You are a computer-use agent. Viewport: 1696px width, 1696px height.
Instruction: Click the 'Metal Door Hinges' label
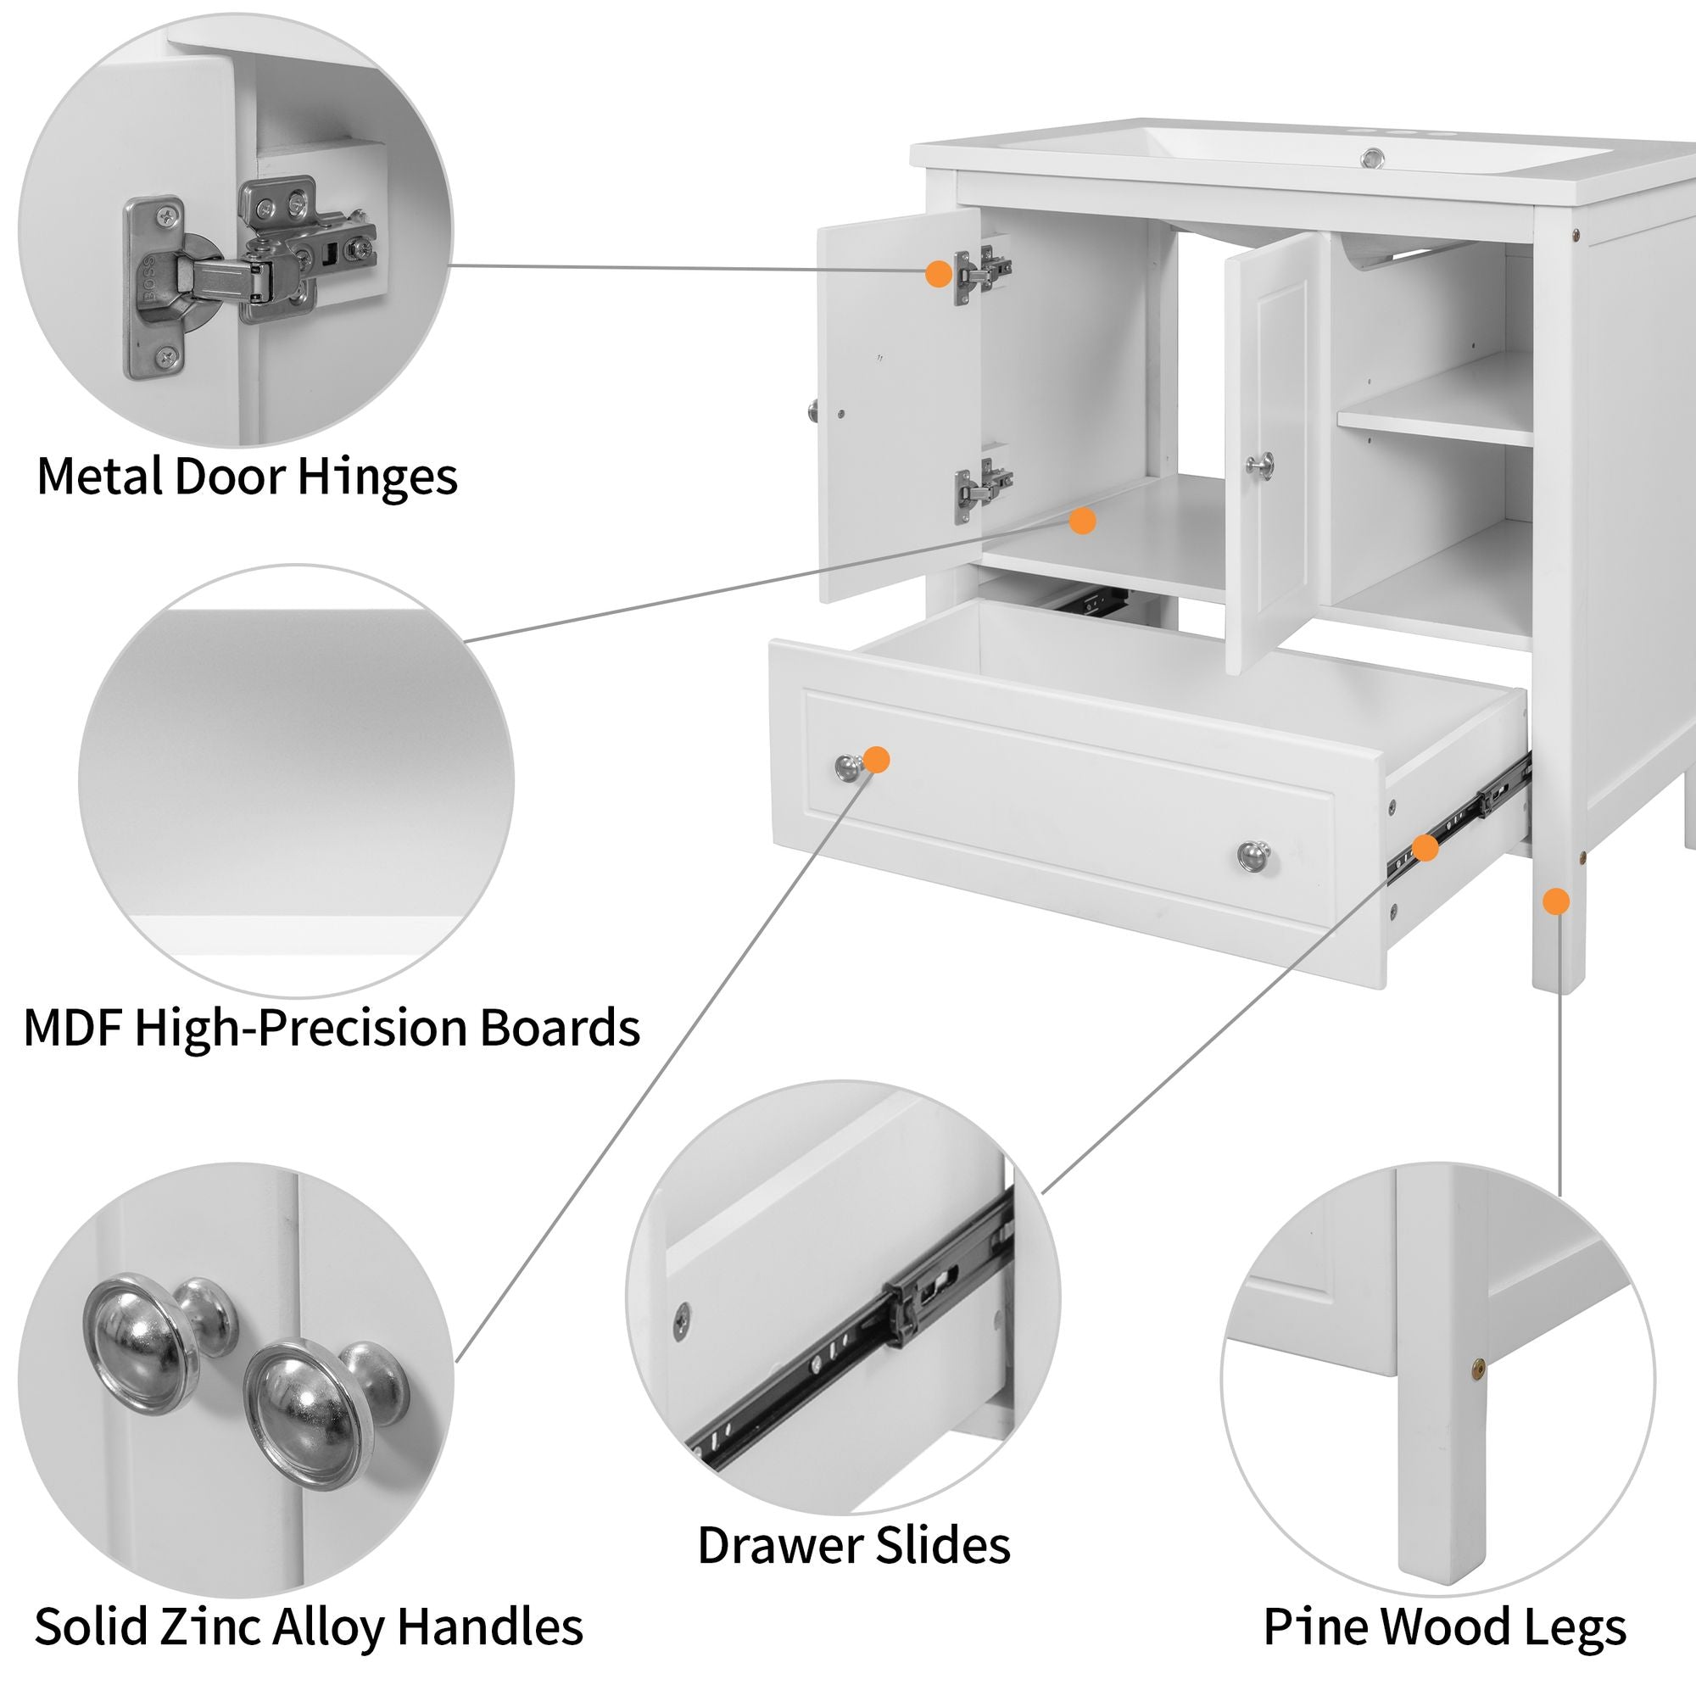click(247, 477)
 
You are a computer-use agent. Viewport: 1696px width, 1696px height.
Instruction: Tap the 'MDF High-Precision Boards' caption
click(331, 1027)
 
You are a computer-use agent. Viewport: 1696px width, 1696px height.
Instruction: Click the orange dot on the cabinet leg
click(1555, 901)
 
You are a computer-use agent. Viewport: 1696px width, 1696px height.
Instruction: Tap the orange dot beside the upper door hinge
click(939, 273)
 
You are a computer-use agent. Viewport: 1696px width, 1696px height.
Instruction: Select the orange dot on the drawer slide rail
click(1424, 848)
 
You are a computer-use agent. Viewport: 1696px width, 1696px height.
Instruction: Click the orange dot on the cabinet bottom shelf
click(1082, 522)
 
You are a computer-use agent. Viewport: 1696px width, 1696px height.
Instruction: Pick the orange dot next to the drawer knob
click(876, 759)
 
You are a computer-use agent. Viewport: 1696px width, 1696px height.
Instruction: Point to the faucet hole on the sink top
click(1372, 159)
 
